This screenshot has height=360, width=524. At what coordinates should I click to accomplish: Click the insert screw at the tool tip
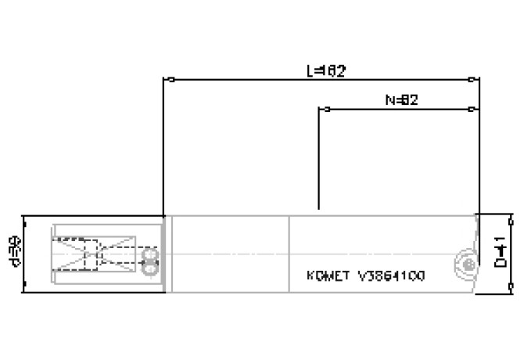(x=467, y=265)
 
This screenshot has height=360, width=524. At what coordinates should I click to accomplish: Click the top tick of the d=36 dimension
(x=24, y=217)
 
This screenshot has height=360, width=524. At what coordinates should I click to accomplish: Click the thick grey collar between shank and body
(x=163, y=254)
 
